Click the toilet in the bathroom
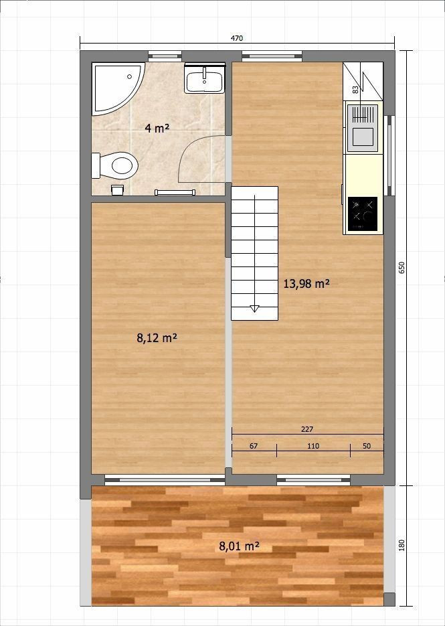point(115,165)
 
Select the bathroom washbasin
point(204,78)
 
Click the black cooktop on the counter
point(363,214)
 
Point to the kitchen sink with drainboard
point(363,128)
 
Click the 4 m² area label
point(157,128)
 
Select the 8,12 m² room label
point(157,338)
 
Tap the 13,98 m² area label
point(306,284)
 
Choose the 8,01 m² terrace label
point(240,546)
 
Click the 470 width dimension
point(237,38)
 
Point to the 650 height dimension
point(402,268)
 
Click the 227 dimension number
point(307,430)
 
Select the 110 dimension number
point(313,446)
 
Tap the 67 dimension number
point(254,446)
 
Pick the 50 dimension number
point(367,446)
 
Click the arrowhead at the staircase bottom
point(254,309)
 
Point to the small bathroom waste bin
point(117,189)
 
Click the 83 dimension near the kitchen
point(355,90)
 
